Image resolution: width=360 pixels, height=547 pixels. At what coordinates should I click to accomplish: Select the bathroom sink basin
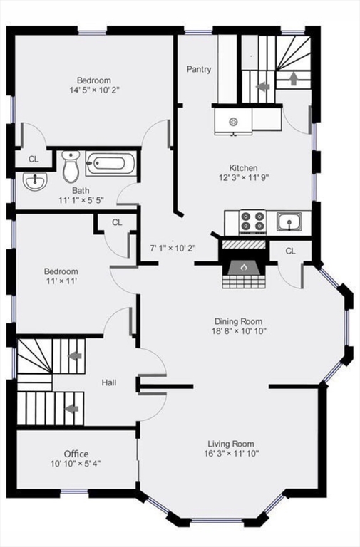(33, 182)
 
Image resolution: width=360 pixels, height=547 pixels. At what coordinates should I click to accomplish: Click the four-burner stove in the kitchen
(252, 222)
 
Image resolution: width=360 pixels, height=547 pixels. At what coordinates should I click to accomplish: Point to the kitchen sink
(289, 222)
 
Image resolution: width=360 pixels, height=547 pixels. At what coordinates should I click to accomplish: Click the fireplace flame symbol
(243, 267)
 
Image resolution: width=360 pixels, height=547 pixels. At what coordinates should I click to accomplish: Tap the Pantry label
(199, 69)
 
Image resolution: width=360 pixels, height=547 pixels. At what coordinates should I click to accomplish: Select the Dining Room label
(240, 321)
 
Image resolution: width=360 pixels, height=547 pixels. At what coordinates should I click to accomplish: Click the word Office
(76, 454)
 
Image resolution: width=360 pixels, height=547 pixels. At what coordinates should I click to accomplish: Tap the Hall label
(109, 383)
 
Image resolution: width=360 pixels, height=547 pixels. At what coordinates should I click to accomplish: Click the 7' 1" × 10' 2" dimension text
(173, 249)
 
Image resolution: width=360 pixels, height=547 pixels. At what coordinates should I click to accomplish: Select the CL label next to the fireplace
(291, 251)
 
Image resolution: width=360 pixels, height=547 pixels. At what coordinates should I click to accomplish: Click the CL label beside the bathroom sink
(34, 159)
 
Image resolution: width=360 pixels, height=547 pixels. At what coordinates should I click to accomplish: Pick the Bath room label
(81, 191)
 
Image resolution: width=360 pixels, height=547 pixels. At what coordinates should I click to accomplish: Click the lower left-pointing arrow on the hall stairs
(71, 408)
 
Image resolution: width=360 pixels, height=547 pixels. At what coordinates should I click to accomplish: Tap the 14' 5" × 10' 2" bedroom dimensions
(95, 91)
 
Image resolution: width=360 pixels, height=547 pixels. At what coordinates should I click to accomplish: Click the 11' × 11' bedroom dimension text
(61, 282)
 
